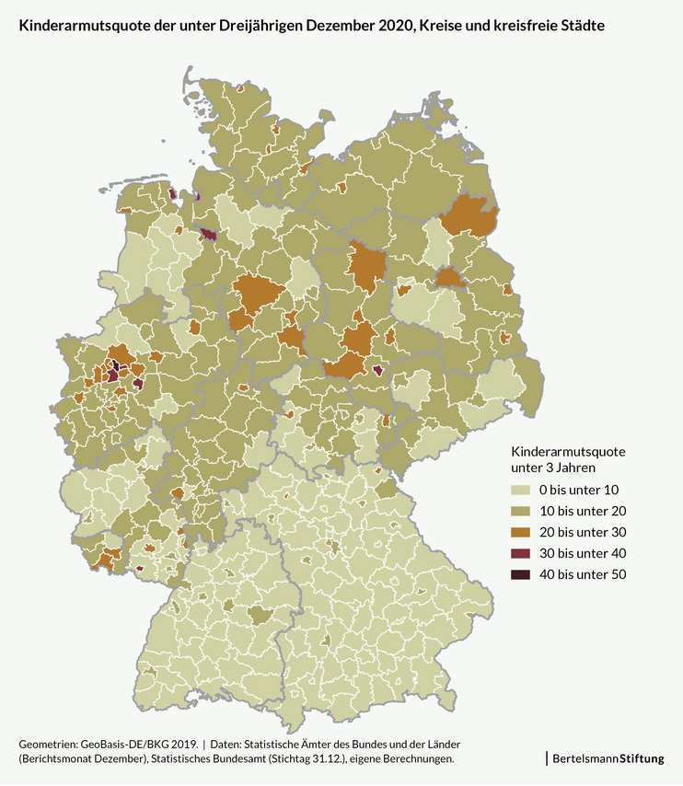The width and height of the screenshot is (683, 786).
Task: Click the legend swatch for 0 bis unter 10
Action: pos(521,489)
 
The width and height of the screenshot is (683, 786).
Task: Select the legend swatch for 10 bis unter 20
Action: pos(521,510)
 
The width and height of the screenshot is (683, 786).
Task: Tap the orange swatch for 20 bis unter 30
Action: pos(521,532)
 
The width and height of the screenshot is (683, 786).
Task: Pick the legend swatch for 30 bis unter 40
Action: pos(521,553)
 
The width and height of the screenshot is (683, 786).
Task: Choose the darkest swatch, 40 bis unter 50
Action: pos(521,574)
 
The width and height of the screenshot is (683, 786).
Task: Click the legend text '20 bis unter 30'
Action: pos(582,532)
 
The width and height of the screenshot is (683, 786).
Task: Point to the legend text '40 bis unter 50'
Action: pos(582,574)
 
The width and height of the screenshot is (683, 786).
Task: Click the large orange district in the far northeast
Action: pos(470,217)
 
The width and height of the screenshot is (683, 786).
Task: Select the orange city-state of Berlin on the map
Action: pos(449,278)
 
